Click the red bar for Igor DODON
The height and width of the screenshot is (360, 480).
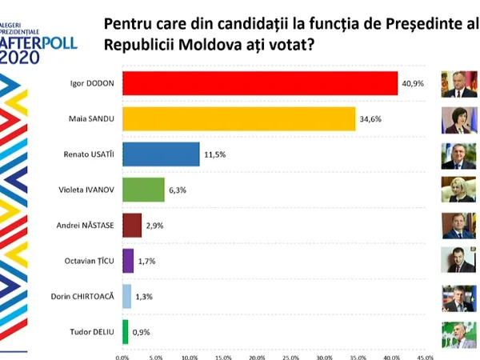coord(260,83)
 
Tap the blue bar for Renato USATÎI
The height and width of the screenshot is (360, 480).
coord(161,154)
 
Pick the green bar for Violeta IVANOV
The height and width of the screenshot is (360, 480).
coord(143,190)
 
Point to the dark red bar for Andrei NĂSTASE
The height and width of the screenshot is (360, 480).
coord(132,225)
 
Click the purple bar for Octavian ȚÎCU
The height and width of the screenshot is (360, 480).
coord(128,261)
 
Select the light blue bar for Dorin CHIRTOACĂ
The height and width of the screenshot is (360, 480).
coord(126,296)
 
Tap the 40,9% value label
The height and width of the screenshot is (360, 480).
coord(413,83)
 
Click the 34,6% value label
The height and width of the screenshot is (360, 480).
coord(371,119)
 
